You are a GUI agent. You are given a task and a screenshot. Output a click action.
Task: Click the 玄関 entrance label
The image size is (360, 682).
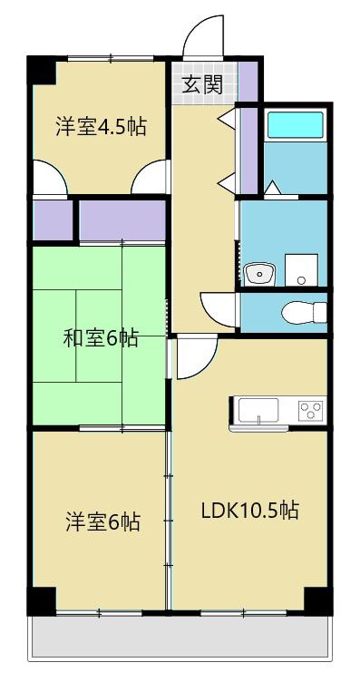(x=201, y=84)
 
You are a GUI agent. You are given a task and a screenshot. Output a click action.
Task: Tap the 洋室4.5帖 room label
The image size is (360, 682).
(x=101, y=127)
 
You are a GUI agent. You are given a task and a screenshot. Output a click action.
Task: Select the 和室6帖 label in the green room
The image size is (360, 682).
(x=101, y=337)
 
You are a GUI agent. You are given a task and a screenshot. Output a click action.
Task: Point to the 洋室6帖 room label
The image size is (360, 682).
(x=102, y=521)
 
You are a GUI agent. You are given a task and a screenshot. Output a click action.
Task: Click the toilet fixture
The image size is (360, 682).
(x=304, y=312)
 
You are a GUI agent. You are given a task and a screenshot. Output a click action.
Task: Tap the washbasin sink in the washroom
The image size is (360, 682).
(x=259, y=274)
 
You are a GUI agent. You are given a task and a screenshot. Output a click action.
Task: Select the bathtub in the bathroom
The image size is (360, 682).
(x=295, y=125)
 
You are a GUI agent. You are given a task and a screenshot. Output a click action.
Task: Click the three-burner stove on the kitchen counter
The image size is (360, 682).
(x=310, y=410)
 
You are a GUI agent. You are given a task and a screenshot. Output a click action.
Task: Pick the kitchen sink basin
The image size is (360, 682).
(x=258, y=410)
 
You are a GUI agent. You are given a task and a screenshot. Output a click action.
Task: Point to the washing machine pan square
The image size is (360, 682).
(x=301, y=270)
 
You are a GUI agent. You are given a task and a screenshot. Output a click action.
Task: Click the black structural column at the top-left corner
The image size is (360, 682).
(x=43, y=70)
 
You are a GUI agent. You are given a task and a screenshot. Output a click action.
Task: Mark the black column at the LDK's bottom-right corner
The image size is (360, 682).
(x=317, y=600)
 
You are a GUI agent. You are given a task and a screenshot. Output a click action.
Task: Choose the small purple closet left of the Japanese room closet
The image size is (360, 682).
(x=53, y=219)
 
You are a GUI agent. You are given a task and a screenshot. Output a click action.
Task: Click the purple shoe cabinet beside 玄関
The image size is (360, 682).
(x=248, y=82)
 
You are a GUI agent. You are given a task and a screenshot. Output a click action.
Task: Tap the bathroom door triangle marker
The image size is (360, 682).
(x=273, y=188)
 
